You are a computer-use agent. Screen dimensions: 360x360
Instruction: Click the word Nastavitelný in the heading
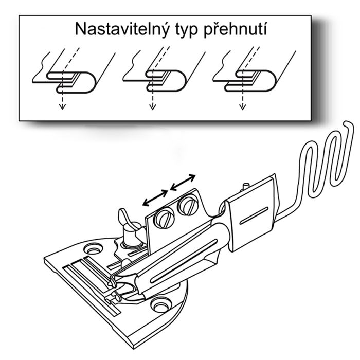[122, 29]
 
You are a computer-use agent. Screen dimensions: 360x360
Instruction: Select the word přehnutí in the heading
[236, 29]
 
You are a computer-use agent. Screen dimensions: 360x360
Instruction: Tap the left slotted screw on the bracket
[165, 219]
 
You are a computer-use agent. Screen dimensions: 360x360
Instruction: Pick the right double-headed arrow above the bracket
[183, 183]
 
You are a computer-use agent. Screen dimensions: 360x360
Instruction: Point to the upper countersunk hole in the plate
[93, 249]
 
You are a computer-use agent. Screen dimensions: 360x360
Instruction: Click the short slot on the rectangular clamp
[254, 215]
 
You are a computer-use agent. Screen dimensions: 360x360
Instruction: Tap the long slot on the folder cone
[184, 261]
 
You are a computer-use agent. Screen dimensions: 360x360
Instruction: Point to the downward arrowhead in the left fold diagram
[62, 107]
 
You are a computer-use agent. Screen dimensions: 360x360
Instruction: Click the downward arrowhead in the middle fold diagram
[152, 107]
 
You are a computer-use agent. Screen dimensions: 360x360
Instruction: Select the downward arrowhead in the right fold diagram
[242, 107]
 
